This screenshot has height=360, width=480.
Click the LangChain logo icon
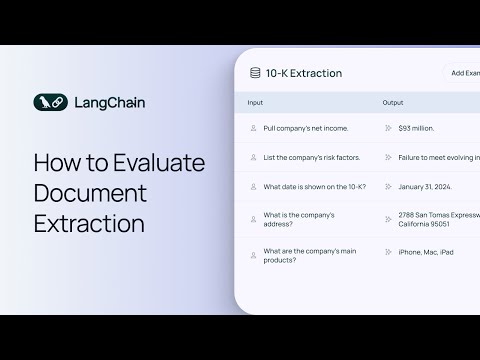[x=49, y=102]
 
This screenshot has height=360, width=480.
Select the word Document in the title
[x=90, y=191]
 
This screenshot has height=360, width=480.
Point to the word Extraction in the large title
[x=89, y=221]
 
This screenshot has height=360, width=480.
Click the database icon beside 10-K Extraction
[x=255, y=73]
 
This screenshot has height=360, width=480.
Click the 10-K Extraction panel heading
[x=304, y=73]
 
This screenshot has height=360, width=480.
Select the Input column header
[x=256, y=103]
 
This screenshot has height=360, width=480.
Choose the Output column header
[x=393, y=103]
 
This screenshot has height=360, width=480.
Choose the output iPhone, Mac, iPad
[x=425, y=252]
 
